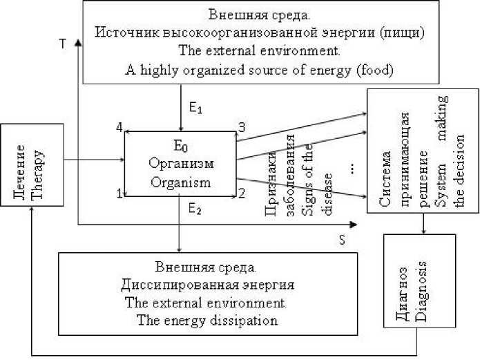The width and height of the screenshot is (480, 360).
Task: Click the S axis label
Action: tap(341, 239)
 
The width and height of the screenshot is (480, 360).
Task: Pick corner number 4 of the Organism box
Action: tap(119, 127)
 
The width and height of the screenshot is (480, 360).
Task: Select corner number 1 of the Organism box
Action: tap(119, 194)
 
